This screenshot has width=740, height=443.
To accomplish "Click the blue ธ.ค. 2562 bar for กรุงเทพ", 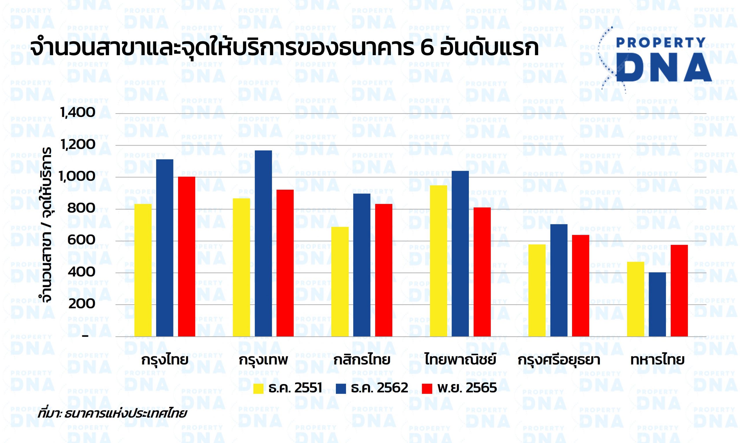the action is [x=263, y=243].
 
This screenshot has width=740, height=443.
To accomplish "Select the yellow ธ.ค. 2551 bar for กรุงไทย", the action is [x=143, y=270].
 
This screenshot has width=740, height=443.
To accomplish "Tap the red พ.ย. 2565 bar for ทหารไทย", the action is [x=679, y=291].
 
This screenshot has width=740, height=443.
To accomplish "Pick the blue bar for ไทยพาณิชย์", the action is [x=460, y=254].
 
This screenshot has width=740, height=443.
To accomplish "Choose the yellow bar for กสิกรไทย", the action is [x=340, y=282].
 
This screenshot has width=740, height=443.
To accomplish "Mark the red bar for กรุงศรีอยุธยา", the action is [x=581, y=286].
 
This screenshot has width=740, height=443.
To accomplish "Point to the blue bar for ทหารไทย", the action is [x=658, y=304].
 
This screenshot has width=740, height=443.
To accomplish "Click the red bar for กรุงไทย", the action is [x=187, y=256].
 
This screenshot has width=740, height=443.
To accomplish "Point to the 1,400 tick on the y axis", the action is [x=78, y=113].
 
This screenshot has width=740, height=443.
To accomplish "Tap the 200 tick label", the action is [x=81, y=304].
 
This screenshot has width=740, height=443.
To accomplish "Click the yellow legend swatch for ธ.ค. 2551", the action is [x=258, y=389].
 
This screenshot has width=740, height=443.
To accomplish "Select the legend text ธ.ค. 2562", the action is [x=379, y=388].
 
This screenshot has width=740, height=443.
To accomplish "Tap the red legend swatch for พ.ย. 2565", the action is [x=428, y=389].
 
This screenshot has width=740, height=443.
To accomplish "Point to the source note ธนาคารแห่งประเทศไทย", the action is [x=125, y=414].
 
